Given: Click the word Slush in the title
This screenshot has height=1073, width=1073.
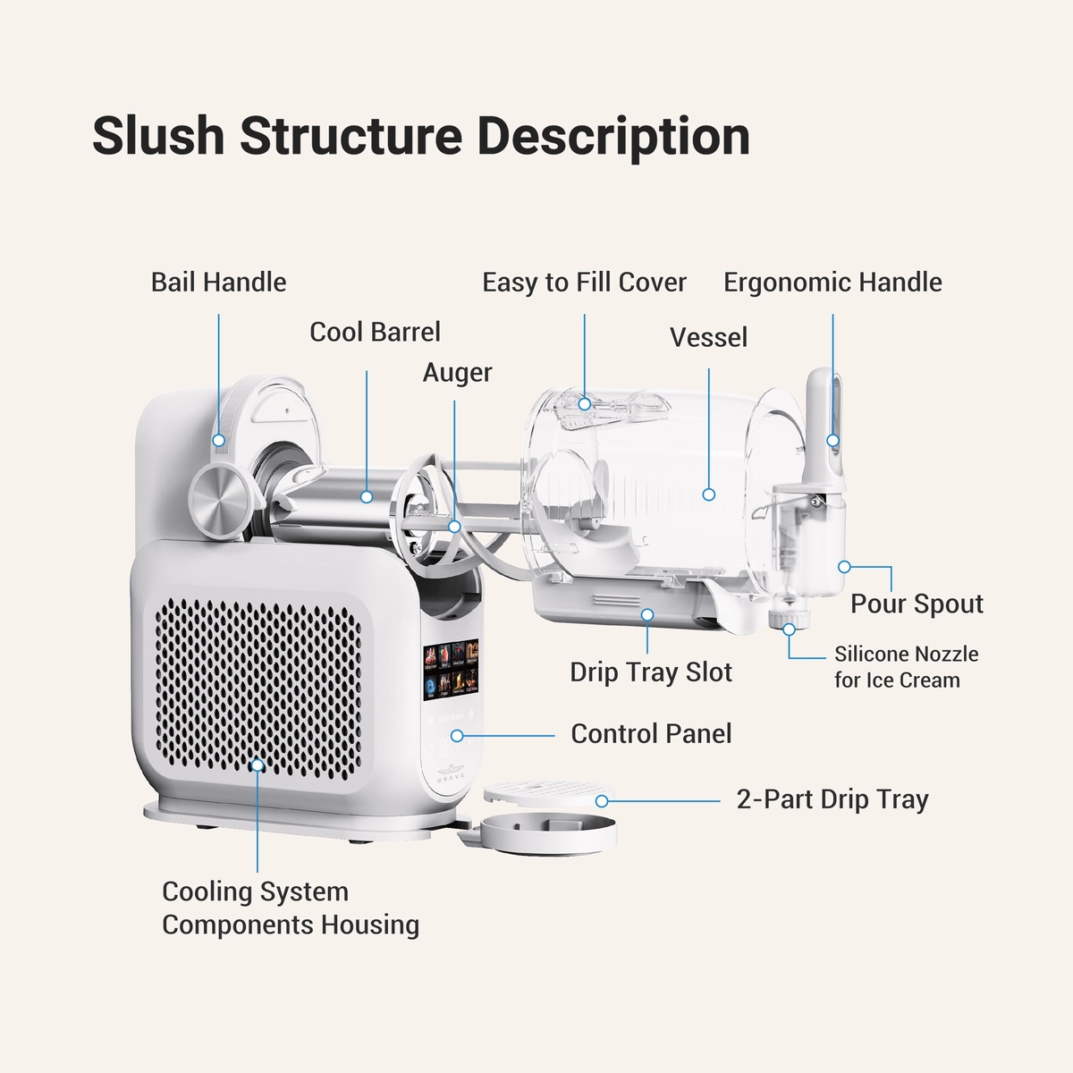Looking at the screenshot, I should click(x=157, y=136).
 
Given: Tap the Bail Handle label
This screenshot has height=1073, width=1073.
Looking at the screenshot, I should click(x=219, y=283).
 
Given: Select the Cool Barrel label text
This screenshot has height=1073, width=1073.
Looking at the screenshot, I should click(x=375, y=332).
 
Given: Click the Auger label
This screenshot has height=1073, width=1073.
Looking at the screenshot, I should click(x=457, y=372).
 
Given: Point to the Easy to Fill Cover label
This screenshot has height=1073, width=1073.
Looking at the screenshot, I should click(x=584, y=283).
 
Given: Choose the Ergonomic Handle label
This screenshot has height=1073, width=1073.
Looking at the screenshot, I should click(x=832, y=283).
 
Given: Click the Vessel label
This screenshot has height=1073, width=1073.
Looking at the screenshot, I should click(x=708, y=337).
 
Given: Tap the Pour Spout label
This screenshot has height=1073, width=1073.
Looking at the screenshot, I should click(x=917, y=604).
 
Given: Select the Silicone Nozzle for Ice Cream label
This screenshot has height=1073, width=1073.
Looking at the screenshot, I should click(x=906, y=667).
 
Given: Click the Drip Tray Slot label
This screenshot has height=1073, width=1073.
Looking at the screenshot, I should click(x=651, y=672).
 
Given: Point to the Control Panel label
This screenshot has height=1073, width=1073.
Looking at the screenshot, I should click(x=651, y=734).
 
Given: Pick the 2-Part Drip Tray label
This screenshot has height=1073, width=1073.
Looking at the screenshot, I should click(x=832, y=799).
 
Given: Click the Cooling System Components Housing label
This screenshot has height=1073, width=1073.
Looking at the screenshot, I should click(x=290, y=908).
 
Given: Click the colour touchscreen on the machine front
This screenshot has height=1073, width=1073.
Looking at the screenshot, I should click(x=452, y=670).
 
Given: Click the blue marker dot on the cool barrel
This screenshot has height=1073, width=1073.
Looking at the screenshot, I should click(x=367, y=496).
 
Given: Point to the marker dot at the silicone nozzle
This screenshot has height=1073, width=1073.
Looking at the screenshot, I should click(x=789, y=629).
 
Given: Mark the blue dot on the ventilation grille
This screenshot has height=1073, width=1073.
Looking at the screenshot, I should click(x=258, y=765).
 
